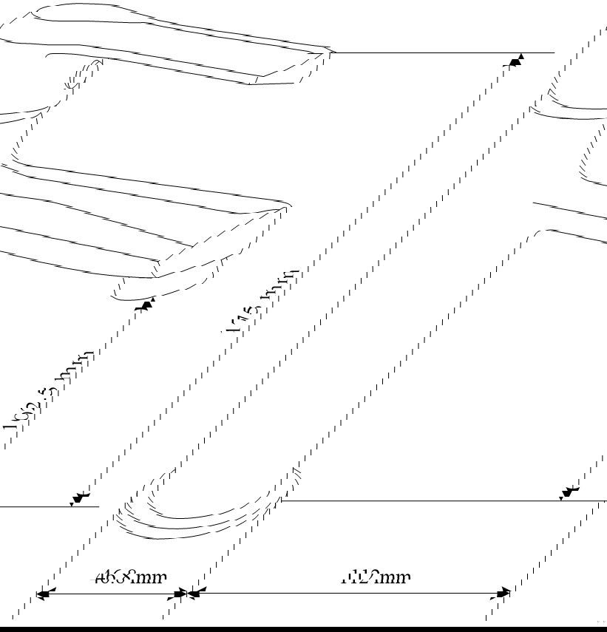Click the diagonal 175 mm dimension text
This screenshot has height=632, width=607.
[x=263, y=302]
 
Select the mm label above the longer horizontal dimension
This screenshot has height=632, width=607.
[x=376, y=577]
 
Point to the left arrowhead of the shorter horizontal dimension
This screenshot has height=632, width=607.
[x=43, y=594]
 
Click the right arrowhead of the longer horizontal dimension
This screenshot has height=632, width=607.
[x=503, y=593]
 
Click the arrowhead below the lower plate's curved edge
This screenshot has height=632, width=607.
[x=146, y=303]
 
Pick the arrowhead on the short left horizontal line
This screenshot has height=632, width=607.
[x=78, y=499]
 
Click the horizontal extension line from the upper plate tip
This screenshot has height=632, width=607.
[x=444, y=52]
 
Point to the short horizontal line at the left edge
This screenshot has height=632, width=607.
[x=44, y=506]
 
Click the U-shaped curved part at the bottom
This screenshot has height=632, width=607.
[x=200, y=517]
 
